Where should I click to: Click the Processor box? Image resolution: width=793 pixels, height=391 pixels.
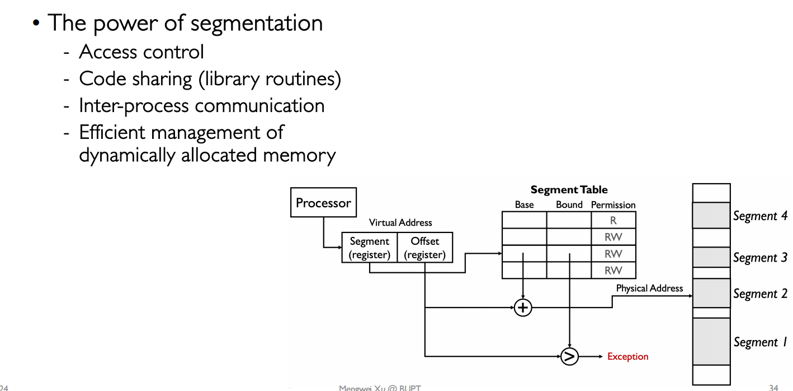point(323,203)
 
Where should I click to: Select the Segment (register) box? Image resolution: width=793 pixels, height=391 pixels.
point(369,248)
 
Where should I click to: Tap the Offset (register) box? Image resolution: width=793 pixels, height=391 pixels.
point(424,248)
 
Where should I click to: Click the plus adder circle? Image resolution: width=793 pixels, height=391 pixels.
point(523,308)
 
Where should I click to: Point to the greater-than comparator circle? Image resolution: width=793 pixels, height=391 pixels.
point(569,356)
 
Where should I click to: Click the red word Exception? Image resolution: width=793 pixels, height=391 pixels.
point(627,357)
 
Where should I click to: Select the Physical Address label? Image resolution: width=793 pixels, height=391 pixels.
point(649,288)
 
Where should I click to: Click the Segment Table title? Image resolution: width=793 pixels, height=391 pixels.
point(569,190)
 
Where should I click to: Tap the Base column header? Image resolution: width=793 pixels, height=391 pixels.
point(524,205)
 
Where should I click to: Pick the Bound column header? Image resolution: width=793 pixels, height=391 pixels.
point(569,205)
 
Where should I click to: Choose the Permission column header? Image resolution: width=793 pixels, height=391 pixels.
point(613,205)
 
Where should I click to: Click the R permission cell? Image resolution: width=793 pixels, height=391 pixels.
point(613,221)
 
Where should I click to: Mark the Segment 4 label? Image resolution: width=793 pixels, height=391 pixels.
point(760,216)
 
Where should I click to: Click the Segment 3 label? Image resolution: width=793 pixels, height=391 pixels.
point(760,258)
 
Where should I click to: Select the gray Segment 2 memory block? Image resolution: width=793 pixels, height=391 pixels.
point(711,293)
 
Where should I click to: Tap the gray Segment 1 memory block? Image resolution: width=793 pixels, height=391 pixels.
point(711,341)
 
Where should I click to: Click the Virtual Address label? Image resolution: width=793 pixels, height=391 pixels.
point(400,223)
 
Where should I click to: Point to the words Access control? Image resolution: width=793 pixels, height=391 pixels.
point(141,52)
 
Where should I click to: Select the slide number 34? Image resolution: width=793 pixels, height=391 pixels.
point(773,388)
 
